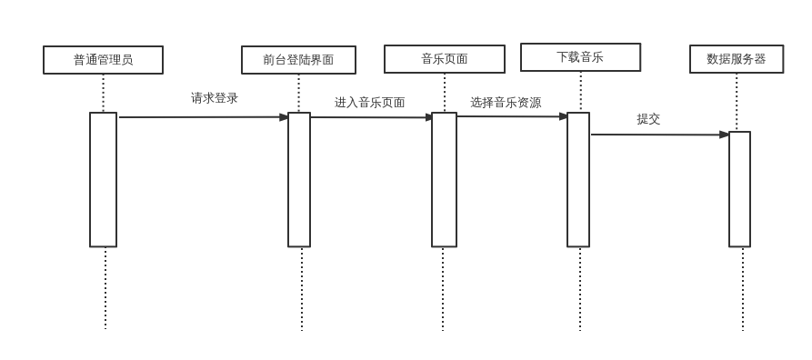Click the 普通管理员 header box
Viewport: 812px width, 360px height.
(103, 60)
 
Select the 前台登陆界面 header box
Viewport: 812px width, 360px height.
(298, 60)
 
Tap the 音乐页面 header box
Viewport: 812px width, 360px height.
(444, 59)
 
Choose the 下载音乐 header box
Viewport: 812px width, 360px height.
(580, 57)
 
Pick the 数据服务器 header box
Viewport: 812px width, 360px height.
(736, 59)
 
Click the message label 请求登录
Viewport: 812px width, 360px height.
(215, 98)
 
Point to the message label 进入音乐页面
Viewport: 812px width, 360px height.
(369, 103)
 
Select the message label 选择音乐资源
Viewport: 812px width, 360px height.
(506, 103)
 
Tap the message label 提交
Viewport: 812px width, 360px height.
(648, 119)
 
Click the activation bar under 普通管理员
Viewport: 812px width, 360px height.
(103, 179)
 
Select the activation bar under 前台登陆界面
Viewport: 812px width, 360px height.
(299, 179)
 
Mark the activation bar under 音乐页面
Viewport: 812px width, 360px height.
(444, 179)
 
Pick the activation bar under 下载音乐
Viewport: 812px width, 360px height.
(578, 179)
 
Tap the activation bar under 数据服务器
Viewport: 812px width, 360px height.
(739, 189)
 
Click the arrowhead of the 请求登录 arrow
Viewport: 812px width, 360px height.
(284, 117)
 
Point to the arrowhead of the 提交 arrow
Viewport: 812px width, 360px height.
(724, 135)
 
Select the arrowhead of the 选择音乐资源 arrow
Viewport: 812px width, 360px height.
(563, 116)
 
